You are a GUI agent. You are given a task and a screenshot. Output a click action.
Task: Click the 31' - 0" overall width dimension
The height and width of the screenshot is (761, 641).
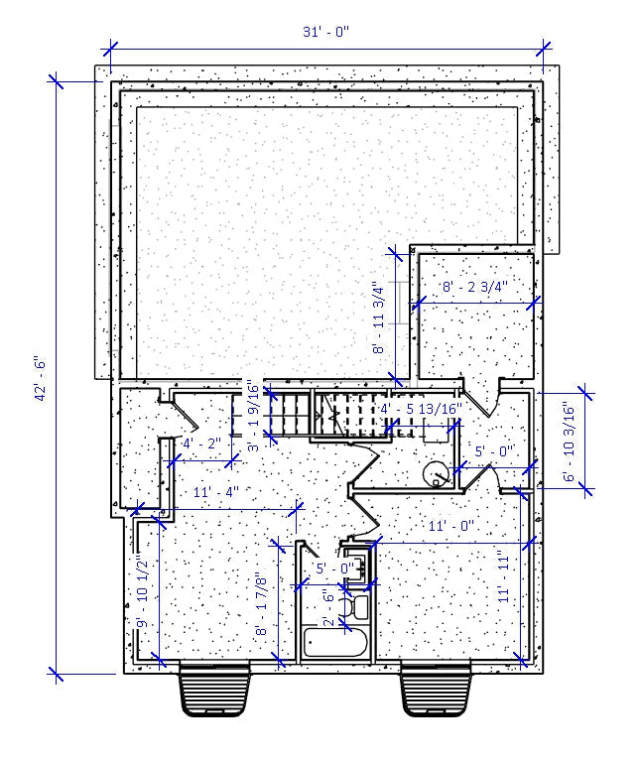tap(325, 32)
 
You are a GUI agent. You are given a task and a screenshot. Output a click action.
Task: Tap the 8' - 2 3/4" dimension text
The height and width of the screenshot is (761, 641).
tap(475, 287)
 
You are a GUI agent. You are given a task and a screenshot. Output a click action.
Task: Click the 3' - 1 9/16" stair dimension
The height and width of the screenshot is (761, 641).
tap(253, 417)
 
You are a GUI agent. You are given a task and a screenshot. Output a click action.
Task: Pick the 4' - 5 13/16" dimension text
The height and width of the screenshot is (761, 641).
tap(422, 408)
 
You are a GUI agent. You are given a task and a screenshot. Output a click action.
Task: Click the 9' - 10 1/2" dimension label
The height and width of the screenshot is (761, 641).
tap(142, 592)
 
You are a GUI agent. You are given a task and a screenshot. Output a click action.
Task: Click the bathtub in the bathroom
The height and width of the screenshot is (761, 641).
tap(335, 642)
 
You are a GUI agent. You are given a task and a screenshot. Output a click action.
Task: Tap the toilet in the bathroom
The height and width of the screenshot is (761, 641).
tap(356, 606)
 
